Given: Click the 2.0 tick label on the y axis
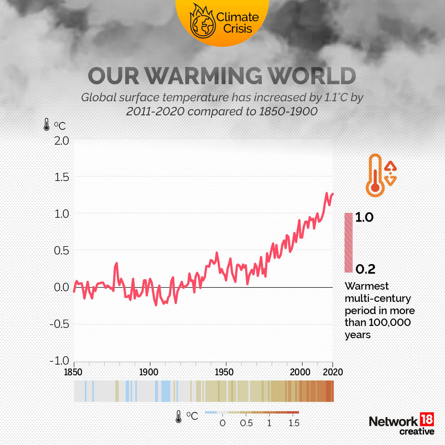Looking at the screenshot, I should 62,141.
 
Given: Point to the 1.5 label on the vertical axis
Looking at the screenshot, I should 62,177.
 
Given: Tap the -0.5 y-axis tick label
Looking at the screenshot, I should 59,324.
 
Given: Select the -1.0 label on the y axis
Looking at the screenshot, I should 59,360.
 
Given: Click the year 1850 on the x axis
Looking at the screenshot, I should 73,372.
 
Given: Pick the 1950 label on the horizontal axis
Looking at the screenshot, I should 224,372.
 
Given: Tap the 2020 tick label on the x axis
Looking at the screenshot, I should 333,372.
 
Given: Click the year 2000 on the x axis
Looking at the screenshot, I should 300,372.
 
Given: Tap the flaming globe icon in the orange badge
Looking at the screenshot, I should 202,22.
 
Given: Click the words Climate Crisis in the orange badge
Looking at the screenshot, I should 237,23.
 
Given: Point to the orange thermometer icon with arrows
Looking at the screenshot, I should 380,175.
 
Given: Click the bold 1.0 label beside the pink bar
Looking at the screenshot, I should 364,217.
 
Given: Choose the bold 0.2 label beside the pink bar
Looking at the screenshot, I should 365,269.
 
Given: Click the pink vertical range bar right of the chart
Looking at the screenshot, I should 349,243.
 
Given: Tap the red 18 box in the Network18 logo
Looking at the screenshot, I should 426,419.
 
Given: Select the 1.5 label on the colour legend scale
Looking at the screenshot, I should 294,423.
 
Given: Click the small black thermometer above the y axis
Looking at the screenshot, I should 46,125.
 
